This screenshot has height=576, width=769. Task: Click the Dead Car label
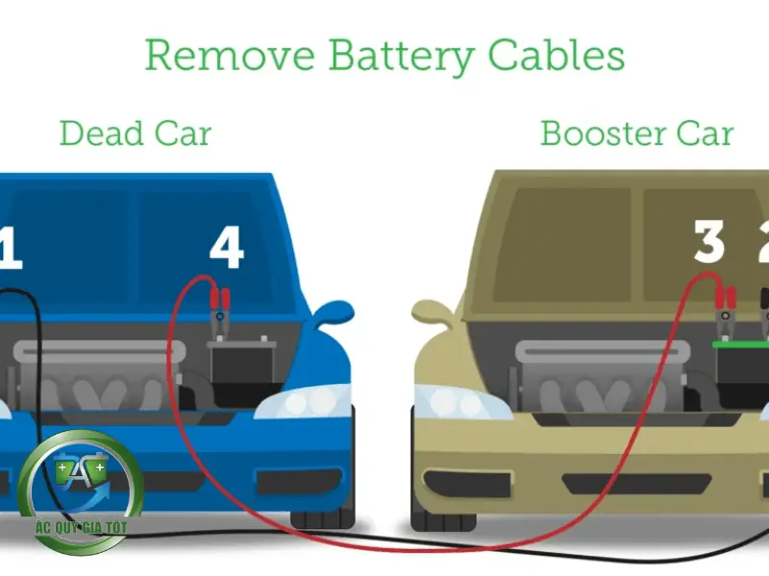135,132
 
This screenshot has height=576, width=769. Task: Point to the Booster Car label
637,132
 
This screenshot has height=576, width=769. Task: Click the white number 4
227,249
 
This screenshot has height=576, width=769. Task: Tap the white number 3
709,242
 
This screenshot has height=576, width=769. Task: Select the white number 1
10,249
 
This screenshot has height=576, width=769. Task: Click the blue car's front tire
322,518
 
